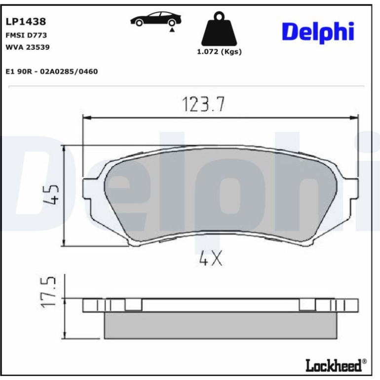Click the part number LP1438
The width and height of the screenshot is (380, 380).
click(26, 22)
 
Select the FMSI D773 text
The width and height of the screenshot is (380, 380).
click(26, 35)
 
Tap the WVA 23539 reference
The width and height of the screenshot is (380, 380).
click(28, 47)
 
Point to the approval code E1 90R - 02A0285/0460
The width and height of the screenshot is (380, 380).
click(52, 72)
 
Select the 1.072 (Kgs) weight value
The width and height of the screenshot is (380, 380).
click(219, 52)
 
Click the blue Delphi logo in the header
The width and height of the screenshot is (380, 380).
click(318, 33)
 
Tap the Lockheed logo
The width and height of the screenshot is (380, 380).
click(336, 365)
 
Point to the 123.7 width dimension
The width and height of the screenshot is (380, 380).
click(203, 104)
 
